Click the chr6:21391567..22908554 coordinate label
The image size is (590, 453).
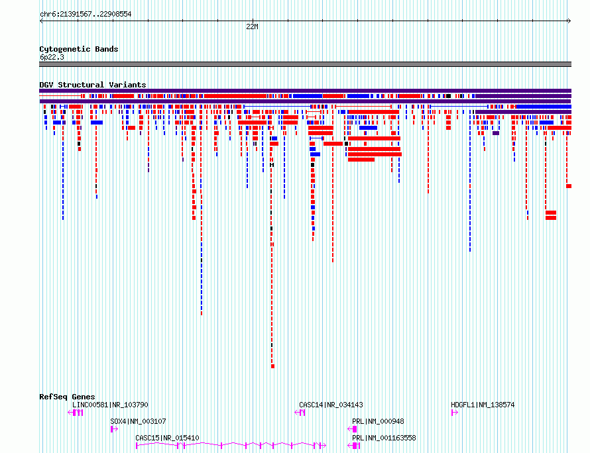click(86, 15)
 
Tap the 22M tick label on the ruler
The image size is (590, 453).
click(252, 26)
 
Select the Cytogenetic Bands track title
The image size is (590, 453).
click(79, 49)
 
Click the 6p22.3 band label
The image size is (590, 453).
click(52, 57)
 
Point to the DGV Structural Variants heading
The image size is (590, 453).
click(93, 85)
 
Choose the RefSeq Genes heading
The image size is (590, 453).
click(67, 397)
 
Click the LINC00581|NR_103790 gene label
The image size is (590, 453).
click(110, 405)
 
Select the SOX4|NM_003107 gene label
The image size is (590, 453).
click(138, 421)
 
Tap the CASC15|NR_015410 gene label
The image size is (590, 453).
click(167, 438)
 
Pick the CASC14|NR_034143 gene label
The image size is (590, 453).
click(331, 405)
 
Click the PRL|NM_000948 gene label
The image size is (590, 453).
click(378, 421)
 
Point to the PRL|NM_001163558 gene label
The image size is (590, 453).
click(384, 438)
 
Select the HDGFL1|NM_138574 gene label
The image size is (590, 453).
click(483, 405)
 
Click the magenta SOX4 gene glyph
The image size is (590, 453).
click(114, 429)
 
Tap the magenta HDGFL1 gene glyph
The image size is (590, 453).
click(455, 413)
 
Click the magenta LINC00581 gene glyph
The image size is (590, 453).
click(76, 413)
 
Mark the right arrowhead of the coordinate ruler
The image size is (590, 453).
click(570, 21)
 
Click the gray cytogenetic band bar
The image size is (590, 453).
click(305, 64)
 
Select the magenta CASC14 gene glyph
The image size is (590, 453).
click(300, 413)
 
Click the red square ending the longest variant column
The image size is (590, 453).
click(273, 366)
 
